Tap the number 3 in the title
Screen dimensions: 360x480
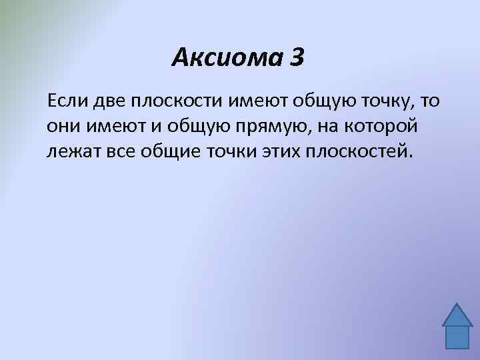tap(297, 58)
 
